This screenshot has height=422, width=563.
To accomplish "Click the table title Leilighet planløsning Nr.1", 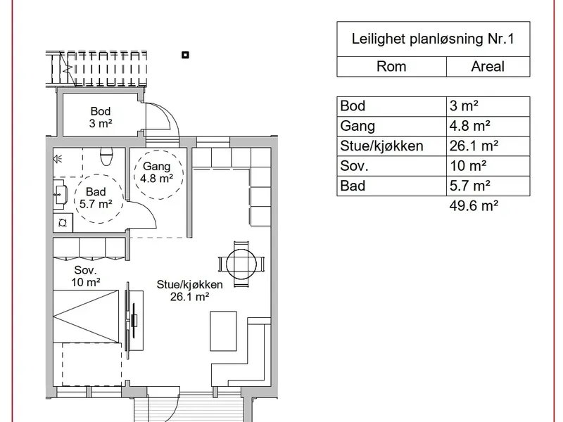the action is [x=433, y=39].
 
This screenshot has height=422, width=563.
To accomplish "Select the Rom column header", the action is [x=391, y=66].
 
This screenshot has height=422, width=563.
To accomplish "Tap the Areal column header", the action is [x=488, y=66].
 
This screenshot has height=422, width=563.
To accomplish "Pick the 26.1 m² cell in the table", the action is [x=474, y=146].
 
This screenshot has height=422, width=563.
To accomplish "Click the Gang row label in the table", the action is [x=358, y=126].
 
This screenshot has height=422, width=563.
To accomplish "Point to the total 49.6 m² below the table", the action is [x=474, y=205].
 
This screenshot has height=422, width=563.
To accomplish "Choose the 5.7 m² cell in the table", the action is [x=469, y=186].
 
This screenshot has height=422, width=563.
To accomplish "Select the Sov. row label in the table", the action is [x=354, y=166].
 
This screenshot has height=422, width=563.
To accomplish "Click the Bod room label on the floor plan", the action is [x=101, y=111].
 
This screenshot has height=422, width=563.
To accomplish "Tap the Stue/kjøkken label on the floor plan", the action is [x=189, y=285].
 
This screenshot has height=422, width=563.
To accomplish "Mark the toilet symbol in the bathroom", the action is [x=107, y=156].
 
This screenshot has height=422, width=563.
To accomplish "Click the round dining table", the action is [x=241, y=264].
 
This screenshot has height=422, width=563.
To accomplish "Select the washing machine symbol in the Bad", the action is [x=63, y=223].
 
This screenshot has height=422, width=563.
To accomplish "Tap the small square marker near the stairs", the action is [x=185, y=55].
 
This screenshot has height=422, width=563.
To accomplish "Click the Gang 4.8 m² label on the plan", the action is [x=156, y=172].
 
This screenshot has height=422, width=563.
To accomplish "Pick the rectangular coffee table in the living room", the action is [x=223, y=331].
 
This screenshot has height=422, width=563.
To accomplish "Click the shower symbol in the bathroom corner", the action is [x=58, y=159].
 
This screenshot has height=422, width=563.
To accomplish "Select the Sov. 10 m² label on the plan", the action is [x=85, y=276].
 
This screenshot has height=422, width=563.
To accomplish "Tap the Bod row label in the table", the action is [x=353, y=106].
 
